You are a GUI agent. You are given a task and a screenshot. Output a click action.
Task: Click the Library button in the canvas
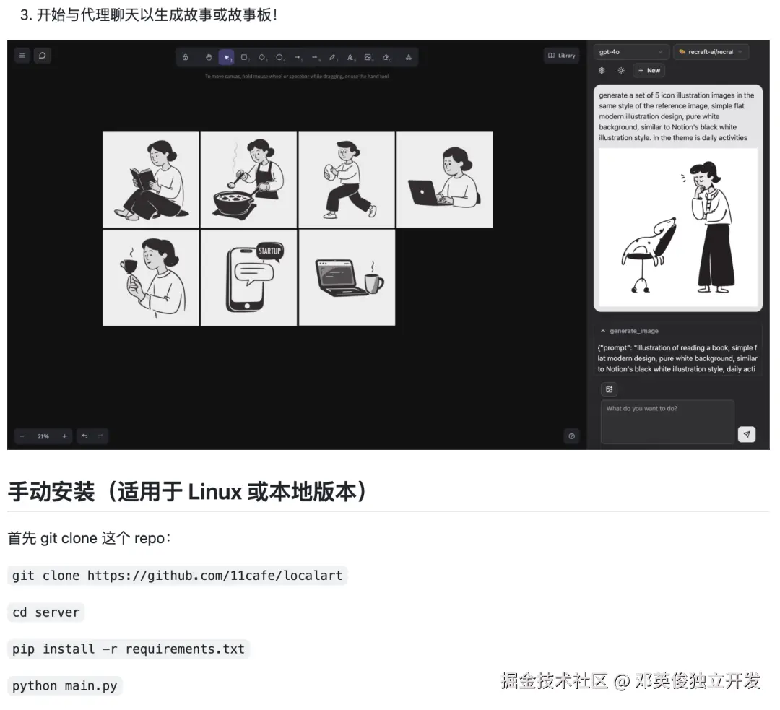561,56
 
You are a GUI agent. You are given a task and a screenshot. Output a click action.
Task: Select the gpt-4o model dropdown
631,52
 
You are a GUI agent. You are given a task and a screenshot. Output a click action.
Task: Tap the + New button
649,70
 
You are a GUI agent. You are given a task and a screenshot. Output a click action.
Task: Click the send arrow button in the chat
747,434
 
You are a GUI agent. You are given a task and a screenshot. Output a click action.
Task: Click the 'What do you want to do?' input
667,422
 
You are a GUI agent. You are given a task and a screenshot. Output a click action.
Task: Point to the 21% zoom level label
43,436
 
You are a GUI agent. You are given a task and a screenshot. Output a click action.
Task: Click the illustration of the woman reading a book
151,180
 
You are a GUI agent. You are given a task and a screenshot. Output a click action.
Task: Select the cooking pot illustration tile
248,180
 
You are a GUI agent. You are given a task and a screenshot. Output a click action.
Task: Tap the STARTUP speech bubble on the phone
269,251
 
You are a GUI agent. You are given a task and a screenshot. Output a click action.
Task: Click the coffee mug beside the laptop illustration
373,282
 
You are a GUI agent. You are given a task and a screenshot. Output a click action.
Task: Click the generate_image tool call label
633,331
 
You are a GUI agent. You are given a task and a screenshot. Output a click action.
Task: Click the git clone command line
178,576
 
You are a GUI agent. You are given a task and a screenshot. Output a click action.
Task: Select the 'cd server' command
45,612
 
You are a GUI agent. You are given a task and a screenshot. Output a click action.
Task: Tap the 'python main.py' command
64,685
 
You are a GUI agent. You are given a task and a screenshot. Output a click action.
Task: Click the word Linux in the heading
214,493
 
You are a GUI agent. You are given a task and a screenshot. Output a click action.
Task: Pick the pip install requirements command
128,649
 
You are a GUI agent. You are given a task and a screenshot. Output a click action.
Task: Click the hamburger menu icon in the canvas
22,55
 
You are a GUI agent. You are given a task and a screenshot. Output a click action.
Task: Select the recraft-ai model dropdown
711,52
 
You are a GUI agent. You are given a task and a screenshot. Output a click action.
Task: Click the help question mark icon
572,436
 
